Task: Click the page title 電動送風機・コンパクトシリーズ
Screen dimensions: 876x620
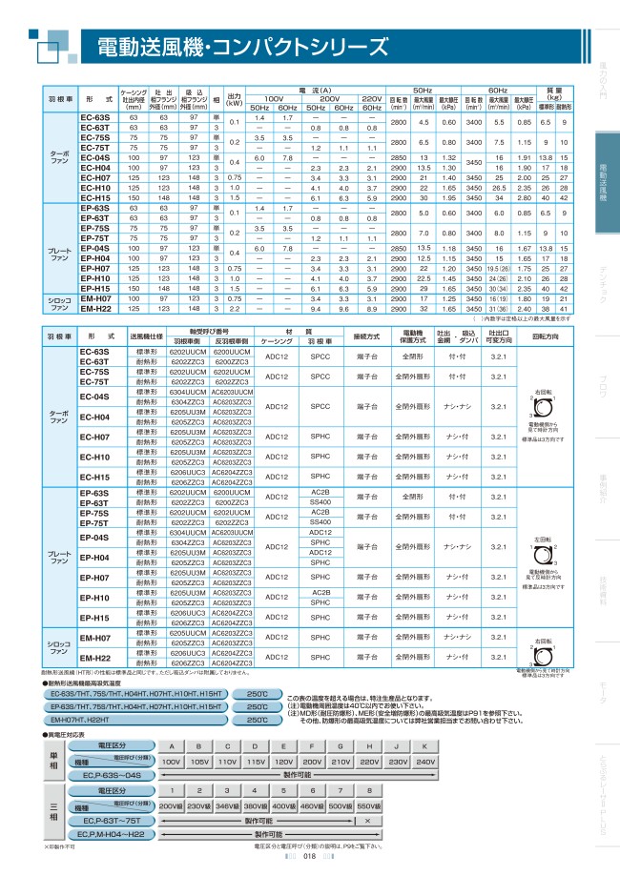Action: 243,48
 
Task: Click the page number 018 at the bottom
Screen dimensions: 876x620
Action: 309,857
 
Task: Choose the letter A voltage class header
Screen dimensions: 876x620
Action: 171,744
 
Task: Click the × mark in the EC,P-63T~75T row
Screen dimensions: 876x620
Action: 366,820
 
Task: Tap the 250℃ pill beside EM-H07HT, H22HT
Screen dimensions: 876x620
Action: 257,720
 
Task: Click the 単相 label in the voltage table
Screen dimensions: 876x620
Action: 54,761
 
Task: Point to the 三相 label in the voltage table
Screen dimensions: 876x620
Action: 54,812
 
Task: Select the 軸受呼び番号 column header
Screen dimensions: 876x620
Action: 208,332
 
